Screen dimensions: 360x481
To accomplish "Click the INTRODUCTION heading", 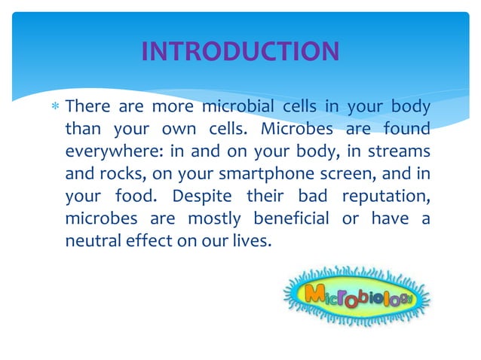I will [x=240, y=51].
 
